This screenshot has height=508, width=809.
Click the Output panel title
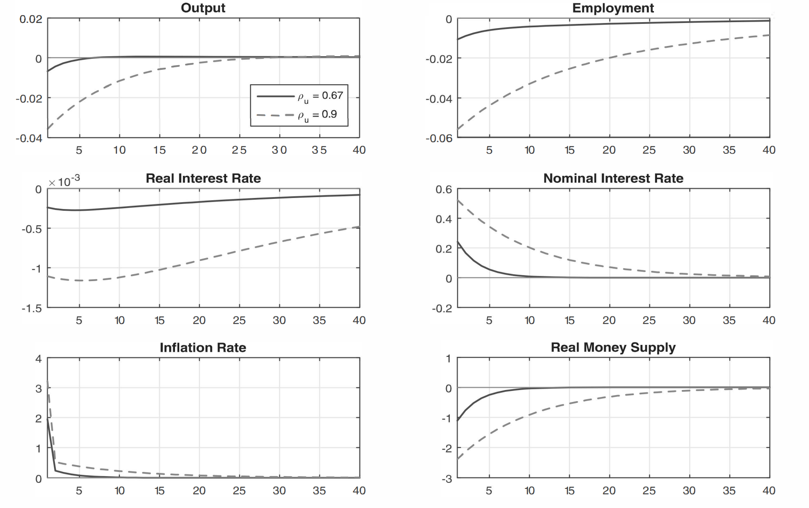click(203, 8)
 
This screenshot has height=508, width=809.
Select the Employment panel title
click(613, 8)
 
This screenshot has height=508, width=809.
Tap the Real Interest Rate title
click(203, 178)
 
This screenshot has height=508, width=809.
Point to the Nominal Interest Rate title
click(613, 178)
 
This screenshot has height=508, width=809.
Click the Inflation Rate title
click(203, 348)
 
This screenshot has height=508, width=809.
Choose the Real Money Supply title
click(613, 347)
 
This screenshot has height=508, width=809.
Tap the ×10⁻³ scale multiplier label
click(64, 182)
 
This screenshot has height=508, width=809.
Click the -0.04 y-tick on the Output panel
click(29, 138)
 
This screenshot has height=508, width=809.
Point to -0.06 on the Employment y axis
click(439, 138)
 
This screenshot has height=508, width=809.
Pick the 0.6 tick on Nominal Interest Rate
click(444, 189)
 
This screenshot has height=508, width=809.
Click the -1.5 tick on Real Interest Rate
click(32, 308)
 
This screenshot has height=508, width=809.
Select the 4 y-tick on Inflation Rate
click(38, 359)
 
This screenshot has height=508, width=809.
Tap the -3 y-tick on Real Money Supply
click(447, 479)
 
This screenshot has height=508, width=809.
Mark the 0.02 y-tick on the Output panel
click(31, 19)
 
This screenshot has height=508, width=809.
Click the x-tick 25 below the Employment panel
click(649, 150)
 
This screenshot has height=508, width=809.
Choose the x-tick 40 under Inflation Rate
click(359, 491)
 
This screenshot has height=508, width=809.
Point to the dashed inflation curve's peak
click(48, 380)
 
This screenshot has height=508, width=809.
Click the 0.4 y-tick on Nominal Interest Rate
click(444, 219)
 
